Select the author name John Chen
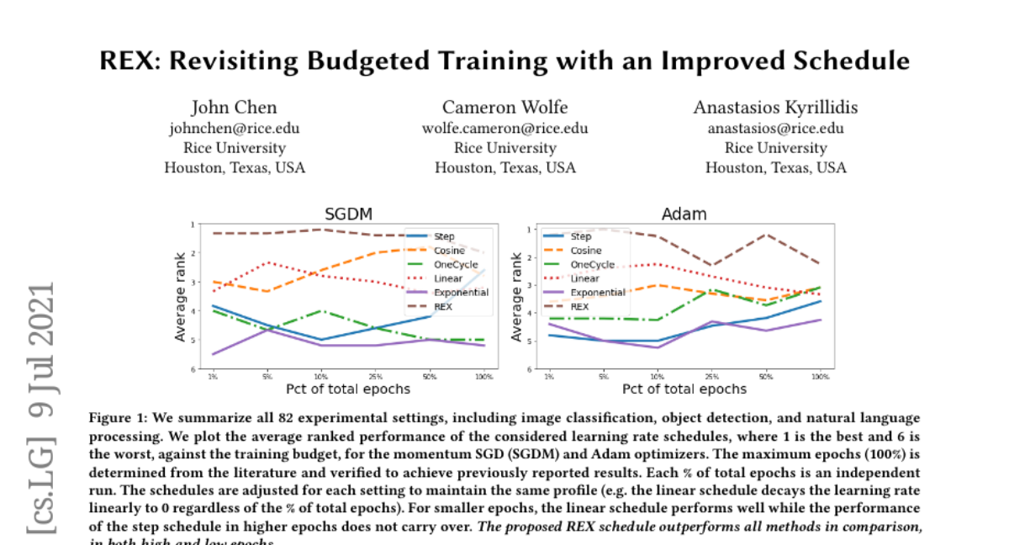coord(234,107)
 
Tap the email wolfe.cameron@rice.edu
coord(504,128)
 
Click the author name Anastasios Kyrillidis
coord(775,107)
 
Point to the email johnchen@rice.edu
coord(234,128)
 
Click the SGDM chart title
coord(348,214)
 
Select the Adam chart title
coord(684,214)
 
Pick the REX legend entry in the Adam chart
coord(579,307)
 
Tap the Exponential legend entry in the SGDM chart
coord(461,293)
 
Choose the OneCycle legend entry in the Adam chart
coord(594,264)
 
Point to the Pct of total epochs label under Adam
coord(684,389)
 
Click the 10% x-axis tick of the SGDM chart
coord(321,376)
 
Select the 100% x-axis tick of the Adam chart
coord(819,376)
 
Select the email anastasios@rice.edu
coord(775,128)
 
